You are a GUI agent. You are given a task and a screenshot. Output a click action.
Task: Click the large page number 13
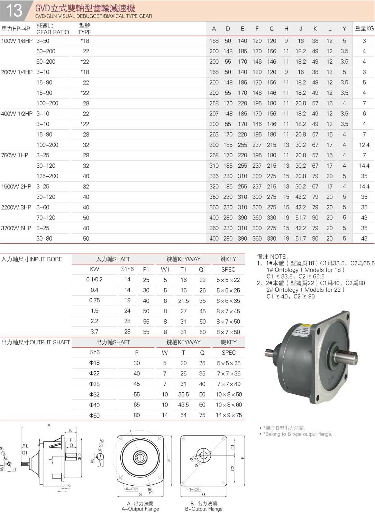pyautogui.click(x=14, y=10)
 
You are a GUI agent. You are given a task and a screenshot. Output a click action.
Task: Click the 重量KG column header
pyautogui.click(x=364, y=29)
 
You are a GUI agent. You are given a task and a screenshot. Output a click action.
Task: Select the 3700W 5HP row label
pyautogui.click(x=16, y=228)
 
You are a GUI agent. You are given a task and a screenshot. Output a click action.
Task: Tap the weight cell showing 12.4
pyautogui.click(x=364, y=145)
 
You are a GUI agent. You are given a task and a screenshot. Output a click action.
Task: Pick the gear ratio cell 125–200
pyautogui.click(x=47, y=176)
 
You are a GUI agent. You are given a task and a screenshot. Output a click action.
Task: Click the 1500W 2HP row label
pyautogui.click(x=16, y=186)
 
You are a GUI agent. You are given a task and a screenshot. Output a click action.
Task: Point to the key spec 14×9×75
pyautogui.click(x=229, y=415)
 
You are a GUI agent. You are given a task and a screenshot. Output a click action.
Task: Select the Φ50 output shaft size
pyautogui.click(x=94, y=415)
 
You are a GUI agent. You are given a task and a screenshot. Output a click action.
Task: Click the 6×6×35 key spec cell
pyautogui.click(x=228, y=301)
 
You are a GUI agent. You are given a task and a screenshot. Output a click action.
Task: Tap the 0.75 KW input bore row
pyautogui.click(x=94, y=300)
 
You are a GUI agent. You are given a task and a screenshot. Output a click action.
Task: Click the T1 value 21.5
pyautogui.click(x=183, y=301)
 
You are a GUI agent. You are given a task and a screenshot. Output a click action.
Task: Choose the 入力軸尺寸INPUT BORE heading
pyautogui.click(x=32, y=259)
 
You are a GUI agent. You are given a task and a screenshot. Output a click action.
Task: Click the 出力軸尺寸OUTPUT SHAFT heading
pyautogui.click(x=36, y=342)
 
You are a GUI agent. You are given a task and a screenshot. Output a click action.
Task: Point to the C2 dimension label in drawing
pyautogui.click(x=232, y=468)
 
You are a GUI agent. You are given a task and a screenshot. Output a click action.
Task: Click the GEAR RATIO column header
pyautogui.click(x=53, y=32)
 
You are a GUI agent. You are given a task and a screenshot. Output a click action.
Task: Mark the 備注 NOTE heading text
pyautogui.click(x=272, y=256)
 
